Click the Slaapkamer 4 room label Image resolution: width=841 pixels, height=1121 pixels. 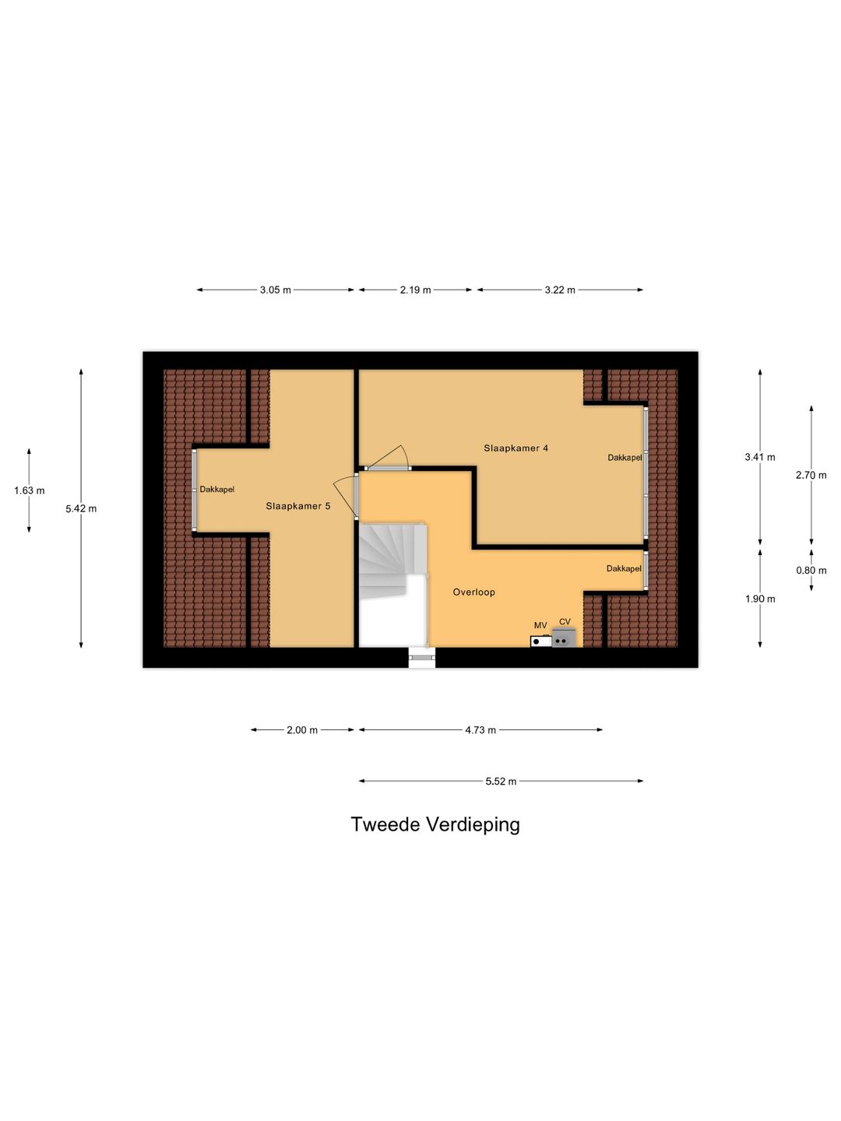point(516,448)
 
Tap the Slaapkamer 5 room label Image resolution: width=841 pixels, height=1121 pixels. point(297,506)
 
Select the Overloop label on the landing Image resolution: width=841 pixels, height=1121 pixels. point(474,592)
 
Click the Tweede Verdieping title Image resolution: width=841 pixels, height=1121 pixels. point(435,824)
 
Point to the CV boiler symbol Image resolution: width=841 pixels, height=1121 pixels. point(563,638)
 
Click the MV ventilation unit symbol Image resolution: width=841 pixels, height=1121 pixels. point(540,641)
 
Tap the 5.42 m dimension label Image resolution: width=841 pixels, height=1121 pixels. point(81,508)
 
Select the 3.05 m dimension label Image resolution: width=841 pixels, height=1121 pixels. point(275,290)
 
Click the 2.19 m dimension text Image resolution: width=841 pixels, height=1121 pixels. point(415,290)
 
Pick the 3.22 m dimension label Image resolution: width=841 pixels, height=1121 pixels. point(560,290)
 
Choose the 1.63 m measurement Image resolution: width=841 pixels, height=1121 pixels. point(29,490)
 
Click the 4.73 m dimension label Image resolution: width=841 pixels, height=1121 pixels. point(480,730)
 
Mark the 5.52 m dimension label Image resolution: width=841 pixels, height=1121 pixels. point(501,782)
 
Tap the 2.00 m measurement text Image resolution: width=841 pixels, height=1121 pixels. point(302,730)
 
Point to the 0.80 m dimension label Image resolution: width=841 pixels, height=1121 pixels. point(811,571)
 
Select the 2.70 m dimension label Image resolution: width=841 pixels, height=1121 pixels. point(811,475)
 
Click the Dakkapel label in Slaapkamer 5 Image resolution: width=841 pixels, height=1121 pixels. point(217,489)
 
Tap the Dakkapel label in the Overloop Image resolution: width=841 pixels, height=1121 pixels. point(624,568)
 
